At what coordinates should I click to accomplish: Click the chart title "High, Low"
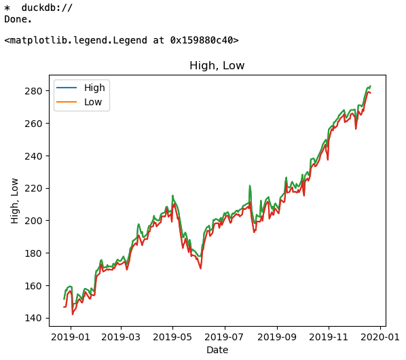[x=217, y=65]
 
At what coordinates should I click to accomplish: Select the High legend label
[x=94, y=88]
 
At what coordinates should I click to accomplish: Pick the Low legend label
[x=93, y=102]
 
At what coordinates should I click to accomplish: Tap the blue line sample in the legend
[x=67, y=88]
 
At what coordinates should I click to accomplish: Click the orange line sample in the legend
[x=67, y=102]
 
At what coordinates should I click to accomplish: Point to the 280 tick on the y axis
[x=33, y=91]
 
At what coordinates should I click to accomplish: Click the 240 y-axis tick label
[x=33, y=156]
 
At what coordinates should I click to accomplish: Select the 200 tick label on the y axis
[x=33, y=221]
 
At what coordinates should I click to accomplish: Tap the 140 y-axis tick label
[x=33, y=318]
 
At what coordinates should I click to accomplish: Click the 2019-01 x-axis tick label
[x=71, y=337]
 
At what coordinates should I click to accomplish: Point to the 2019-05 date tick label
[x=172, y=337]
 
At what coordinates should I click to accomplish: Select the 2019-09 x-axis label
[x=277, y=337]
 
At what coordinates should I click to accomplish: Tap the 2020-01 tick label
[x=380, y=337]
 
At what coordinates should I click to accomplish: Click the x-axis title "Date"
[x=217, y=350]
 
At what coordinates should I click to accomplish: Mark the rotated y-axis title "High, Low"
[x=14, y=201]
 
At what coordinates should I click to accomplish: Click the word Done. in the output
[x=18, y=20]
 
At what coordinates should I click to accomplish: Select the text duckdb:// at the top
[x=47, y=7]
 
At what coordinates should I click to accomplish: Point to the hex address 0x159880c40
[x=202, y=40]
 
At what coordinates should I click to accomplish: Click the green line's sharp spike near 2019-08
[x=250, y=185]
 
